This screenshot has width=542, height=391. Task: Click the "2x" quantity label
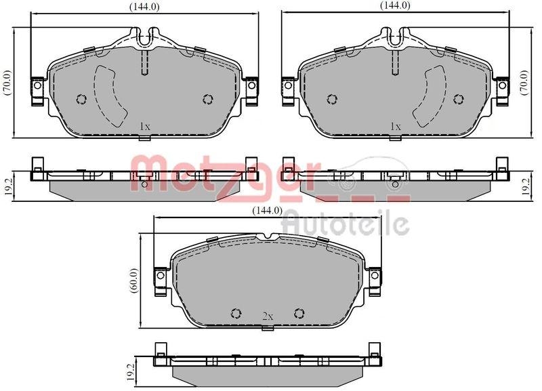click(x=267, y=316)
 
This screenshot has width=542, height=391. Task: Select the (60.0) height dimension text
click(x=133, y=280)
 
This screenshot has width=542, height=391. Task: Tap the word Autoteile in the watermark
click(x=345, y=222)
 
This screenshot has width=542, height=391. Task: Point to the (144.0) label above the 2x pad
click(x=266, y=210)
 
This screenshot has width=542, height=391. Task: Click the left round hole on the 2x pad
click(x=236, y=312)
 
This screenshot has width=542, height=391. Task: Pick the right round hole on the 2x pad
click(x=299, y=312)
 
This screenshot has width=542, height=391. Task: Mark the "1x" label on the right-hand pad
click(x=396, y=126)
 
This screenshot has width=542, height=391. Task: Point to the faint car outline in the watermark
click(x=369, y=173)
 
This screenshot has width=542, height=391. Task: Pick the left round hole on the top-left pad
click(x=81, y=100)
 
